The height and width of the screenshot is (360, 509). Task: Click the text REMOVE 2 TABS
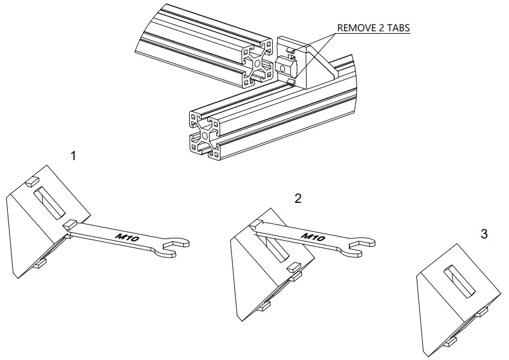coord(373,28)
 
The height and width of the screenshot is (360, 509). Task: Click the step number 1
coord(73,156)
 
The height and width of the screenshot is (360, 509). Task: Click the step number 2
coord(298,199)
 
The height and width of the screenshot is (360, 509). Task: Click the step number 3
coord(484,234)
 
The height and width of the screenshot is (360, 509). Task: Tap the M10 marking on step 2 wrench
coord(313,236)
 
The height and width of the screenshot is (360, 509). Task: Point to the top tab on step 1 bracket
coord(33,180)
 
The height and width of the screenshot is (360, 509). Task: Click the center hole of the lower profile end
coord(205,137)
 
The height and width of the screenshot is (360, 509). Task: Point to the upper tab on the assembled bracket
coord(290,49)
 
